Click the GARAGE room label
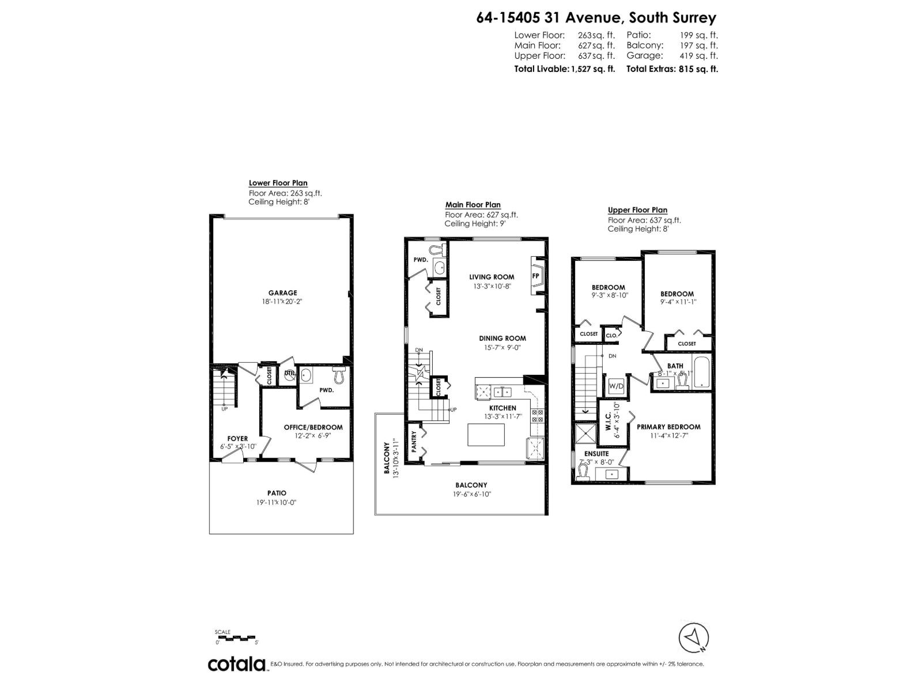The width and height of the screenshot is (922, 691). click(282, 293)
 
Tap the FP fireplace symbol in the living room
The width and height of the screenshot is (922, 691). click(535, 276)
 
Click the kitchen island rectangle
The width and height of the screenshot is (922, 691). click(485, 435)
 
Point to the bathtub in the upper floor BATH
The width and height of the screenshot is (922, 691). click(702, 373)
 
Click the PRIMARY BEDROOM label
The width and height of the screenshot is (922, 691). click(668, 427)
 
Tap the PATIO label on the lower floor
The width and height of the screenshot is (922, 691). click(277, 493)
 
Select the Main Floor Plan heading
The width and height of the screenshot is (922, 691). click(473, 205)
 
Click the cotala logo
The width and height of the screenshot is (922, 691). click(236, 664)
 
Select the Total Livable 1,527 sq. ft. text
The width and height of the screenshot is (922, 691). click(564, 69)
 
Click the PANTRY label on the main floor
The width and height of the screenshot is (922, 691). click(413, 442)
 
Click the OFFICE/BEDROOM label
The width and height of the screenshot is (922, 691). click(313, 427)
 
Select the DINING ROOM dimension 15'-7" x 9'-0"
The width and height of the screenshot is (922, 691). click(502, 348)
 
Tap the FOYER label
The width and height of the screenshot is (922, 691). click(237, 439)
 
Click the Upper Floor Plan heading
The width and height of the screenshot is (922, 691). click(637, 210)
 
